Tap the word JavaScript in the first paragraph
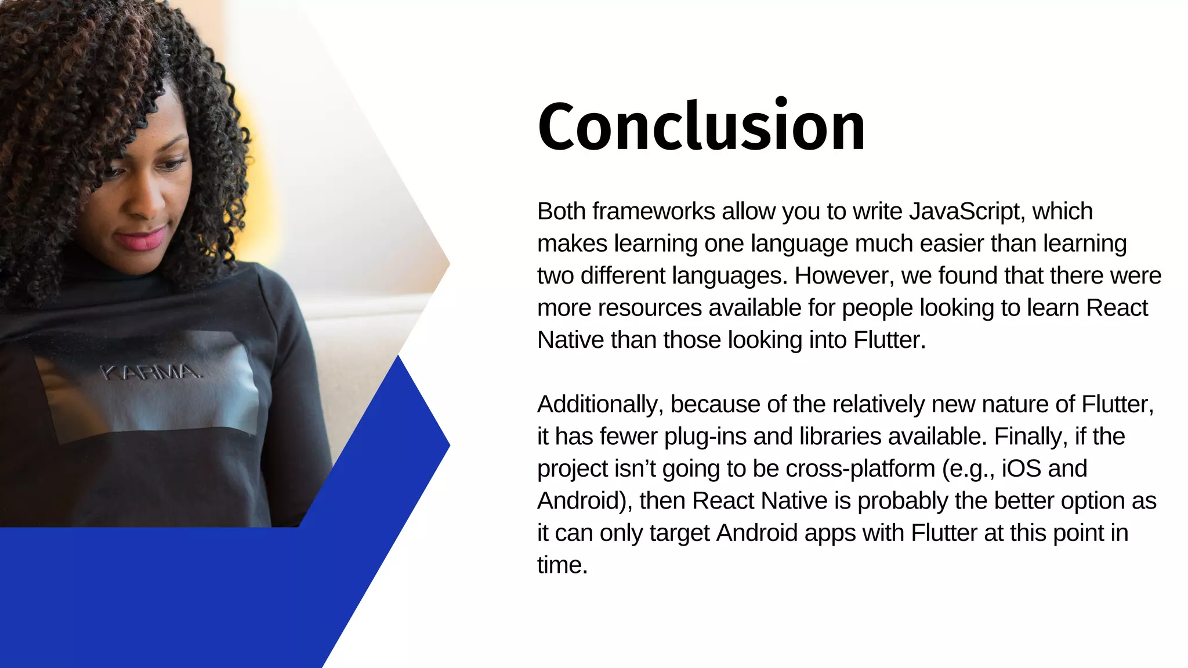964,212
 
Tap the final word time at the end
562,565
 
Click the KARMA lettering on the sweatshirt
151,372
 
